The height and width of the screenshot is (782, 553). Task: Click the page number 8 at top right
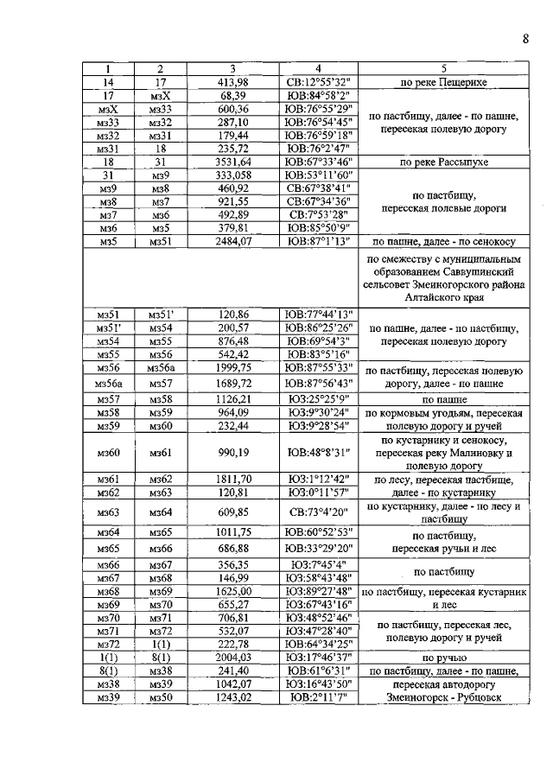point(524,38)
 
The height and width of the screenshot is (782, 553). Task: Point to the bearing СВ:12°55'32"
point(317,82)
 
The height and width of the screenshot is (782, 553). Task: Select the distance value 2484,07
point(232,242)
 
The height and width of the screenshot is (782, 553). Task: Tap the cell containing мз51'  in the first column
point(109,327)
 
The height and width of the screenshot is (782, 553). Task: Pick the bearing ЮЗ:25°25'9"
point(317,400)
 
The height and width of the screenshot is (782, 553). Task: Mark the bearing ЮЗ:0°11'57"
point(317,492)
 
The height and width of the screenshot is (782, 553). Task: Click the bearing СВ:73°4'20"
point(317,512)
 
